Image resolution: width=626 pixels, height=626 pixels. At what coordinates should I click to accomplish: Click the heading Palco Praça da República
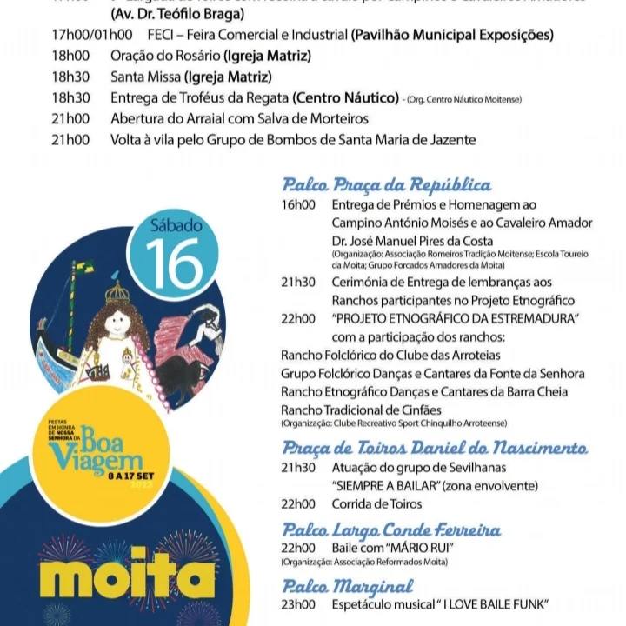pos(386,184)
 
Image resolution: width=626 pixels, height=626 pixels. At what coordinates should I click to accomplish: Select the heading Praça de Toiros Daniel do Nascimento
pos(434,448)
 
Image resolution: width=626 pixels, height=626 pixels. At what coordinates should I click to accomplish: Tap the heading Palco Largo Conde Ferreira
pos(391,529)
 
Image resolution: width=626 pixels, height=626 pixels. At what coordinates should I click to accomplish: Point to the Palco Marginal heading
pos(348,586)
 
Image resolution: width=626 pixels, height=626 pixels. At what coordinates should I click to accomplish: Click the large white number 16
pos(174,263)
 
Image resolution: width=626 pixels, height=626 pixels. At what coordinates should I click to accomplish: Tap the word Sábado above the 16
pos(176,225)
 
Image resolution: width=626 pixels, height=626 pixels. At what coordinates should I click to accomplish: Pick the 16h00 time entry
pos(297,205)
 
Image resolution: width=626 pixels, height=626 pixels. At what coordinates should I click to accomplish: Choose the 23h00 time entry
pos(297,604)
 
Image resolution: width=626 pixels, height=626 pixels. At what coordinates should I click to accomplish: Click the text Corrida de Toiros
pos(376,504)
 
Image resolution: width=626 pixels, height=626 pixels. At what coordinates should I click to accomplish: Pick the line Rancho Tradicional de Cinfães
pos(361,410)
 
